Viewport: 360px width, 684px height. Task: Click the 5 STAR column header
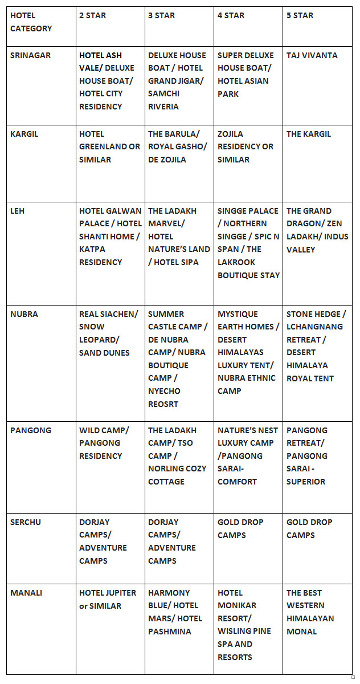coord(300,15)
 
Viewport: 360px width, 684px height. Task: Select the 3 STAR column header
coord(161,15)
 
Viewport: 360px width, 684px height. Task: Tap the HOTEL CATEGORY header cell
coord(31,22)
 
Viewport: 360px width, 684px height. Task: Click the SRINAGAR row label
coord(30,55)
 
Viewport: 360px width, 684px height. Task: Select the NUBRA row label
coord(24,314)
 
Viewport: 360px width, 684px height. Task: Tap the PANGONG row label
coord(30,430)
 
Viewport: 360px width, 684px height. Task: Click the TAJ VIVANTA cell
coord(312,55)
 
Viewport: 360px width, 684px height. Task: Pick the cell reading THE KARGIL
coord(308,134)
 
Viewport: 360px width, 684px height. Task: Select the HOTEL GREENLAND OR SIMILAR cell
coord(109,146)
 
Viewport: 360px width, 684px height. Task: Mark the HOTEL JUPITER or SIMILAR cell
coord(108,599)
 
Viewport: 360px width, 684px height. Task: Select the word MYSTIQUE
coord(238,314)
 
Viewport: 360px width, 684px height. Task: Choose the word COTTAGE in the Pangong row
coord(166,482)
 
